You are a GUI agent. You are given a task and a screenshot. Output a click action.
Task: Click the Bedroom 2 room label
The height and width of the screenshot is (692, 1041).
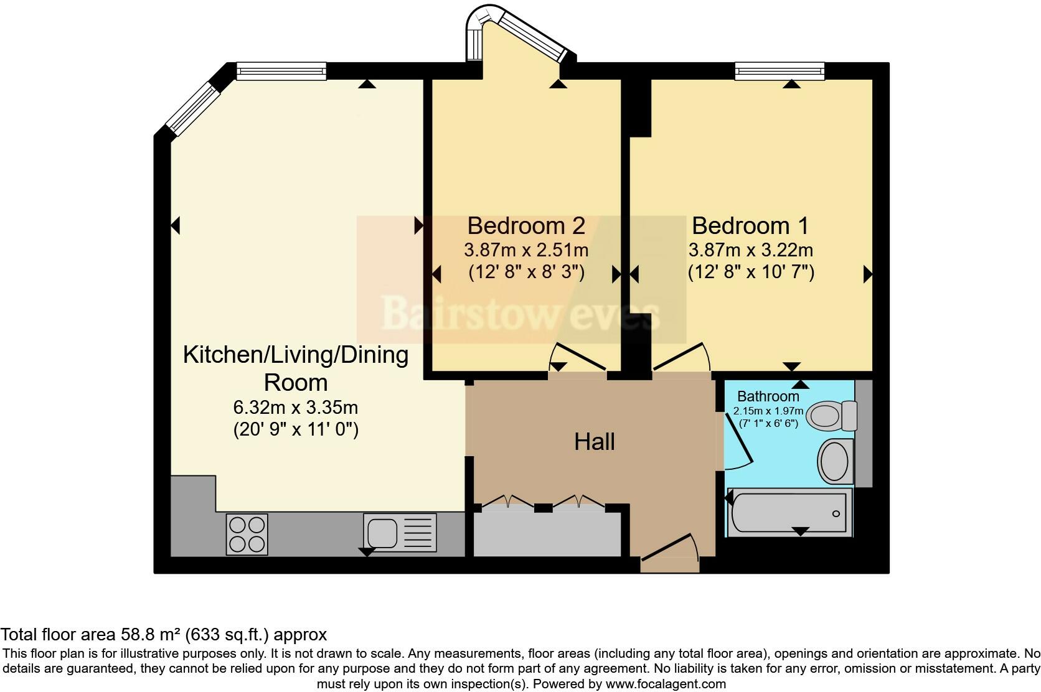(x=526, y=225)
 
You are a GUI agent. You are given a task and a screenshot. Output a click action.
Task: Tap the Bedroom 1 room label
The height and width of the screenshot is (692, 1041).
(x=750, y=225)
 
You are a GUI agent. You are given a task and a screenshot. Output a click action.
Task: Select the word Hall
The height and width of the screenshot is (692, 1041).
(x=594, y=442)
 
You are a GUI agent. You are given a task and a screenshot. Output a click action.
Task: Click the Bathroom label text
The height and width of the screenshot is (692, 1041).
(x=768, y=396)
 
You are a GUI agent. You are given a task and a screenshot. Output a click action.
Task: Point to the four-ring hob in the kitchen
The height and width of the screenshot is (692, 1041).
(x=247, y=534)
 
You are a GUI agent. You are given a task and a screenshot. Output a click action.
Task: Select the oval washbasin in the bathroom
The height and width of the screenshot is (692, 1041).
(x=834, y=461)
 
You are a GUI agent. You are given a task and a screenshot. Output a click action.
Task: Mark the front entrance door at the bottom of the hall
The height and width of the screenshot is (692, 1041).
(x=669, y=551)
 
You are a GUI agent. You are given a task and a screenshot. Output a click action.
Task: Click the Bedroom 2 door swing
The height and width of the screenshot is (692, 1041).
(x=578, y=358)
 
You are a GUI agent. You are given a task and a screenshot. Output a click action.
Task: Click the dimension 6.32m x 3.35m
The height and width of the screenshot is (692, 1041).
(x=295, y=408)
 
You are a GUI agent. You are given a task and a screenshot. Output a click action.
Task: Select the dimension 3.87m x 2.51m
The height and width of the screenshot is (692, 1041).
(x=526, y=251)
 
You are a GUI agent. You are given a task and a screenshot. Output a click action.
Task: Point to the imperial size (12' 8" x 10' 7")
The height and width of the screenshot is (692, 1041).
(x=751, y=273)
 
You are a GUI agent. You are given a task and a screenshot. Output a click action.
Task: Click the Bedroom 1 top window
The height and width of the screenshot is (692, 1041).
(x=780, y=71)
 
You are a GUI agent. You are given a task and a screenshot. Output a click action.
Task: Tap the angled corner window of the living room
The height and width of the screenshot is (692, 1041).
(x=195, y=110)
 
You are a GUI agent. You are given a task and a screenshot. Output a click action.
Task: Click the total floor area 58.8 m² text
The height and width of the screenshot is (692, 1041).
(x=163, y=635)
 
